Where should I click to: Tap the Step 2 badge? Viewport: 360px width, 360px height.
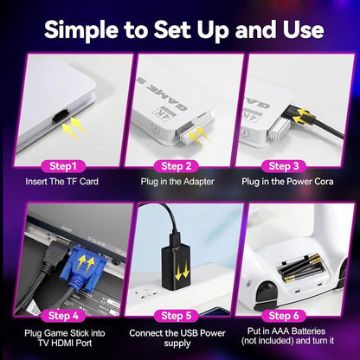coord(180,165)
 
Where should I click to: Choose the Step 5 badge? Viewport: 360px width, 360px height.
coord(180,314)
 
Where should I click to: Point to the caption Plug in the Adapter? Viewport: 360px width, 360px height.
coord(180,183)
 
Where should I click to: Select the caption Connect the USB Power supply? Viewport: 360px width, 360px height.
coord(180,337)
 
